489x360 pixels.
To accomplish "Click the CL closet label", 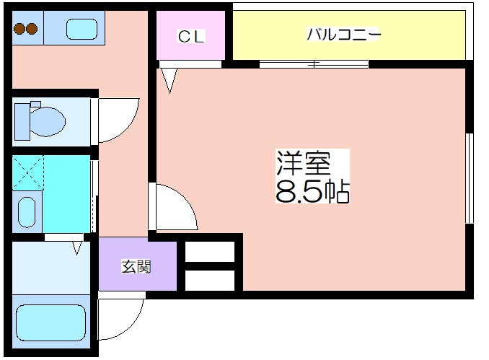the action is (x=191, y=36).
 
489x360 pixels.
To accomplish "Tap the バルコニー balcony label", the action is (x=343, y=34).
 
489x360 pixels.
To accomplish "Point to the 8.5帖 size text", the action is (x=312, y=191).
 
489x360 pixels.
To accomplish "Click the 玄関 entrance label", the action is (x=136, y=266).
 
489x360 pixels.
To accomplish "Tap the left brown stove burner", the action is (x=19, y=29).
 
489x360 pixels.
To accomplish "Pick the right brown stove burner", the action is (x=32, y=29).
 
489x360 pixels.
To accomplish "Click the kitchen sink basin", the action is (x=82, y=29).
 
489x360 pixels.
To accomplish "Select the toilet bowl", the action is (x=48, y=122).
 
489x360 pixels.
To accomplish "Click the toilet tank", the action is (x=22, y=122).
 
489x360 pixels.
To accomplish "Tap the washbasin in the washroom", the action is (x=27, y=212).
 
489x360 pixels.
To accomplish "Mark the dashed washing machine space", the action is (x=28, y=172).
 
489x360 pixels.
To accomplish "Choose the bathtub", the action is (x=50, y=323).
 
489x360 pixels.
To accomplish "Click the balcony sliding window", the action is (x=314, y=64).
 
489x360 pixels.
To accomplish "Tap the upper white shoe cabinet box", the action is (x=210, y=252).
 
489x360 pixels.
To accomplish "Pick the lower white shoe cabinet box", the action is (x=210, y=280).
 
